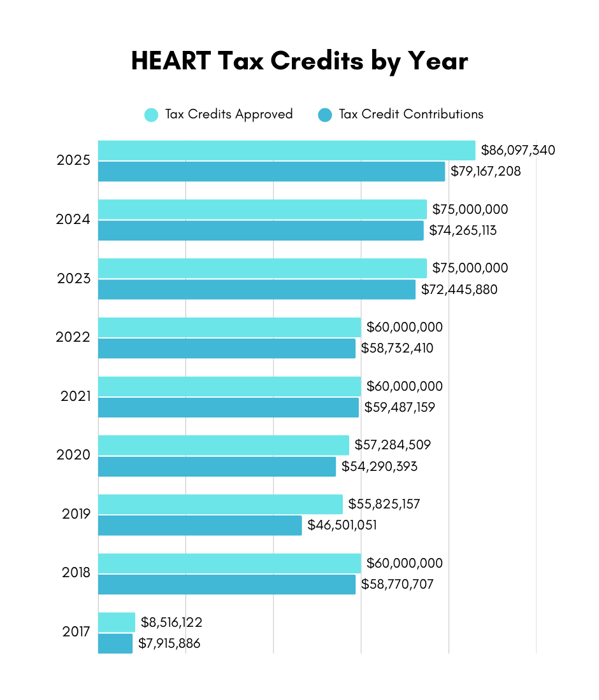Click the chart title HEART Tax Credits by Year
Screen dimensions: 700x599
pyautogui.click(x=299, y=61)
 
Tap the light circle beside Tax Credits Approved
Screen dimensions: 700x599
pyautogui.click(x=151, y=115)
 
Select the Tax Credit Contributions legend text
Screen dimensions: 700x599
pyautogui.click(x=411, y=115)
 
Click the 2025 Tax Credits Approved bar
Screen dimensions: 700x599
pyautogui.click(x=287, y=151)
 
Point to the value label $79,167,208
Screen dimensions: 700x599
pyautogui.click(x=486, y=171)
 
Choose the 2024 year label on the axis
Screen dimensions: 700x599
pyautogui.click(x=73, y=220)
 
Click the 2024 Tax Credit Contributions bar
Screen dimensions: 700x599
pyautogui.click(x=261, y=230)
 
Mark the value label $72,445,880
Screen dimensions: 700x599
pyautogui.click(x=459, y=290)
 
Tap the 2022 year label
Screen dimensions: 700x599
pyautogui.click(x=73, y=337)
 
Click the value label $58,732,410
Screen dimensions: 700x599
pyautogui.click(x=397, y=348)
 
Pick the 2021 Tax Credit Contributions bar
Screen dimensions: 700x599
pyautogui.click(x=228, y=407)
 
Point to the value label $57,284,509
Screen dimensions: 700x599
pyautogui.click(x=393, y=445)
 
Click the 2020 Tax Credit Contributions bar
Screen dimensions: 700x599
pyautogui.click(x=217, y=466)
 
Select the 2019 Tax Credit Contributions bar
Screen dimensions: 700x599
pyautogui.click(x=200, y=525)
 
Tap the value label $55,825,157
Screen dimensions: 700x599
pyautogui.click(x=384, y=504)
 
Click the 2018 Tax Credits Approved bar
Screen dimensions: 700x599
pyautogui.click(x=229, y=563)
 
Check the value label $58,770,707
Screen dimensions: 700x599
pyautogui.click(x=397, y=584)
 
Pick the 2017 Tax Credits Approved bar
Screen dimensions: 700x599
pyautogui.click(x=117, y=622)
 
